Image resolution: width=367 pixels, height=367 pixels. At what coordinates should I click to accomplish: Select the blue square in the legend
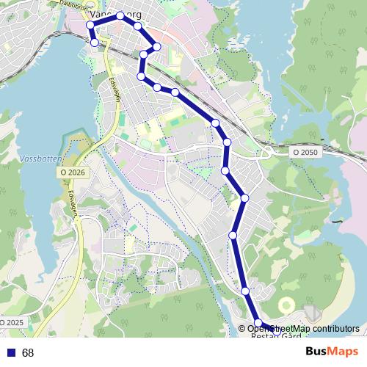pos(11,353)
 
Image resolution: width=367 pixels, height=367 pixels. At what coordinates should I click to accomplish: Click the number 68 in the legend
pos(28,353)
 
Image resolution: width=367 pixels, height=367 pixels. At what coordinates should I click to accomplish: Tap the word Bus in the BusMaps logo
pos(316,353)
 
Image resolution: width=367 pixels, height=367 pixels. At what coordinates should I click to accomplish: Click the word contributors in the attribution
pos(334,328)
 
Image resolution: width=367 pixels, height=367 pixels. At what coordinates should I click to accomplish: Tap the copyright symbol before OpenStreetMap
pos(242,328)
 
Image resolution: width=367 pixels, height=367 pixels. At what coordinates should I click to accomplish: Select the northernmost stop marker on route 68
pos(120,15)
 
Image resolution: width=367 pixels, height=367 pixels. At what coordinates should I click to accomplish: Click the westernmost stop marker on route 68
pos(90,25)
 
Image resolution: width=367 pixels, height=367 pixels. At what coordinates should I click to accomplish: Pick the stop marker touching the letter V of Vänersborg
pos(90,25)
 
